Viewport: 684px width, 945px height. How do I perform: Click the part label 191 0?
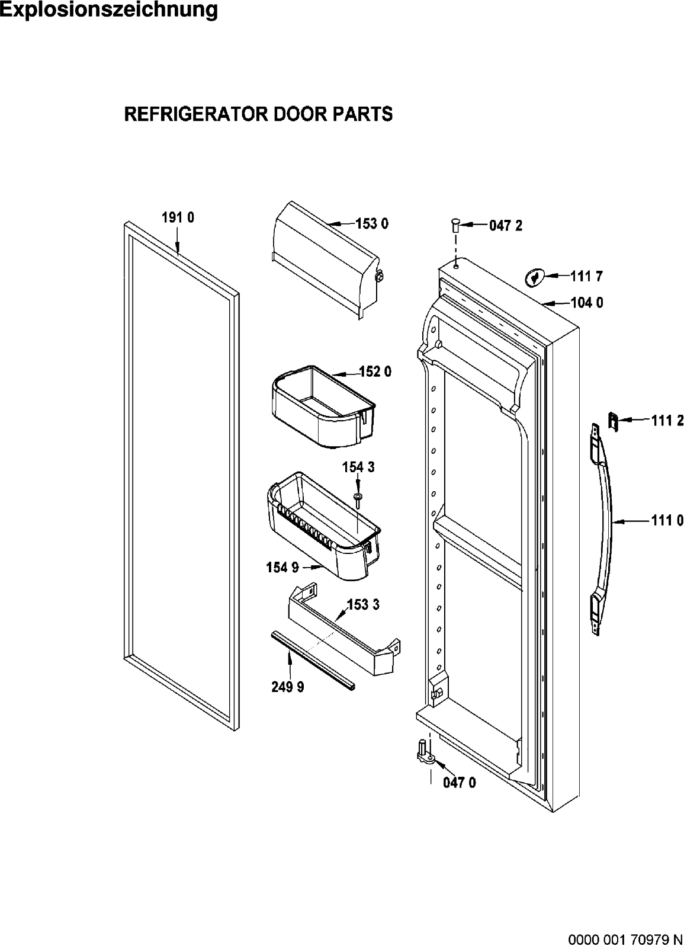coord(178,217)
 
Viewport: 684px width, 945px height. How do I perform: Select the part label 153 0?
coord(372,223)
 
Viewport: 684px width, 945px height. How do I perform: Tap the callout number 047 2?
coord(506,226)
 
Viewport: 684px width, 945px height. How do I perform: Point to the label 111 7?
coord(587,276)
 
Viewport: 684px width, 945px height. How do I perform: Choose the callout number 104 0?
coord(587,303)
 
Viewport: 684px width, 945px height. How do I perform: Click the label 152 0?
coord(375,371)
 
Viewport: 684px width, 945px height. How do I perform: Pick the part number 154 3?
coord(358,467)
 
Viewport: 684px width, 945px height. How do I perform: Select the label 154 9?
coord(282,568)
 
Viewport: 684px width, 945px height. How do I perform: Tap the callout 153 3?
coord(363,604)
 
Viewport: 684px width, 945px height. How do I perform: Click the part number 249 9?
coord(288,687)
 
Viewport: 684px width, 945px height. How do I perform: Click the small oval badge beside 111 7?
coord(534,278)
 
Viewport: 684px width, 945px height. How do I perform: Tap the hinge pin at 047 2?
coord(455,225)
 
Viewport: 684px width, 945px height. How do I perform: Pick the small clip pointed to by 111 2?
coord(613,422)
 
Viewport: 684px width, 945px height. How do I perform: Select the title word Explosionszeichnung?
coord(109,9)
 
